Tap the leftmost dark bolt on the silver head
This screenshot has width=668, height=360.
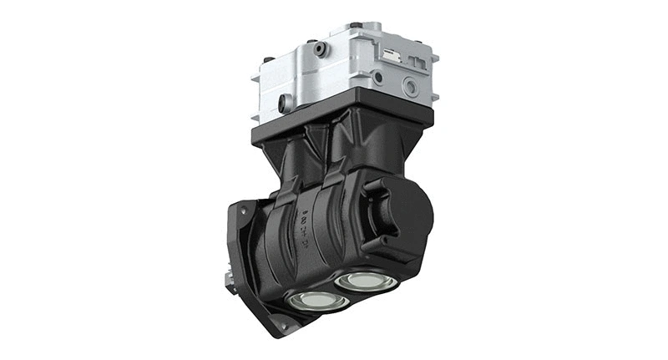tap(269, 60)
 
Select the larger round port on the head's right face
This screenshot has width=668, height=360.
tap(410, 86)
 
